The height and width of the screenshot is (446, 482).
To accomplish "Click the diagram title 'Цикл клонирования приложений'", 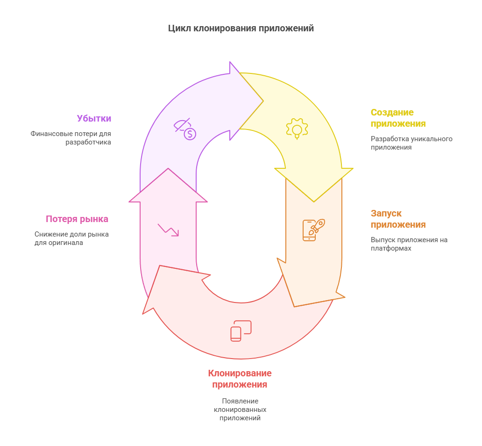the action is (x=241, y=29).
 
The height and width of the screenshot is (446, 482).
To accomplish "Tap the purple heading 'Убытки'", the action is (x=94, y=118).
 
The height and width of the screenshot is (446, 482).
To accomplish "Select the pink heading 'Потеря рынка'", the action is (x=77, y=219).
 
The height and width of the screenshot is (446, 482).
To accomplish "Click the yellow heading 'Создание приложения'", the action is (x=398, y=118).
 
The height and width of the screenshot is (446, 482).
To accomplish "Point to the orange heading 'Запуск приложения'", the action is (x=398, y=219).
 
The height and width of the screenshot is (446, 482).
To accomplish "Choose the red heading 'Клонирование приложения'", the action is (x=240, y=379).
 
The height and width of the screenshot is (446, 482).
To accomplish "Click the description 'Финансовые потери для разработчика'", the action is (x=71, y=138).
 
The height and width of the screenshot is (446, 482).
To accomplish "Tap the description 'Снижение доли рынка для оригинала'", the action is (x=71, y=238).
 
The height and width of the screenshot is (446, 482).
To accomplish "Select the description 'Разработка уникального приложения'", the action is (x=411, y=143).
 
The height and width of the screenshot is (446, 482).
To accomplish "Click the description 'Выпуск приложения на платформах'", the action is (x=409, y=244).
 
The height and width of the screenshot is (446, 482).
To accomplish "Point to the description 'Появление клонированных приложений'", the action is (x=240, y=410).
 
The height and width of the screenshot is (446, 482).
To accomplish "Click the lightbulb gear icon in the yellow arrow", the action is (x=297, y=129).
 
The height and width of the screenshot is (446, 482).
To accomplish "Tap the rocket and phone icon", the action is (x=314, y=230).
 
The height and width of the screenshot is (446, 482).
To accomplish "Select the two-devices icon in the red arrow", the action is (x=241, y=331).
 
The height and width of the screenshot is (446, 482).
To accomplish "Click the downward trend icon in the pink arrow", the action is (x=168, y=230).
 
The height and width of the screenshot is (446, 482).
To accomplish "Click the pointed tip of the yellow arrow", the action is (x=314, y=202).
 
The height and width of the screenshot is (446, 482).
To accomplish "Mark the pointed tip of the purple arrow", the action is (x=263, y=101).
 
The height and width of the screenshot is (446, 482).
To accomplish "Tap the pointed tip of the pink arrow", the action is (x=168, y=168).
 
